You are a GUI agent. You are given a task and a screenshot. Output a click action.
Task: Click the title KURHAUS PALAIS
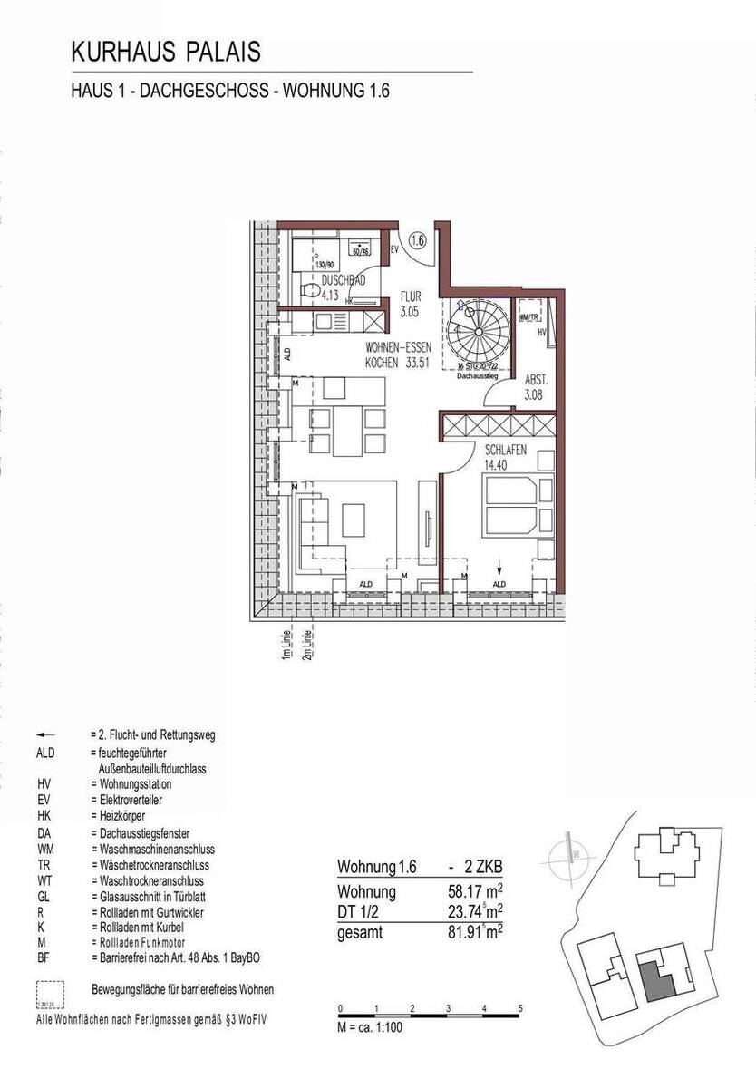[166, 52]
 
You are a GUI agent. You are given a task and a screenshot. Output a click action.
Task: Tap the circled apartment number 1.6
[417, 241]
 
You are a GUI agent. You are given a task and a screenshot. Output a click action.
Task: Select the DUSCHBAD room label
[344, 281]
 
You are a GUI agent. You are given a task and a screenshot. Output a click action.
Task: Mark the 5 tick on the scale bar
[520, 1007]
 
